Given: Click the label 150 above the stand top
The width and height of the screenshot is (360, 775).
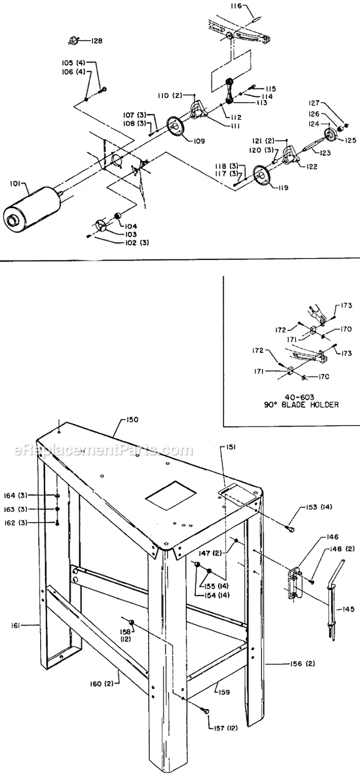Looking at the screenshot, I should point(132,420).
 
